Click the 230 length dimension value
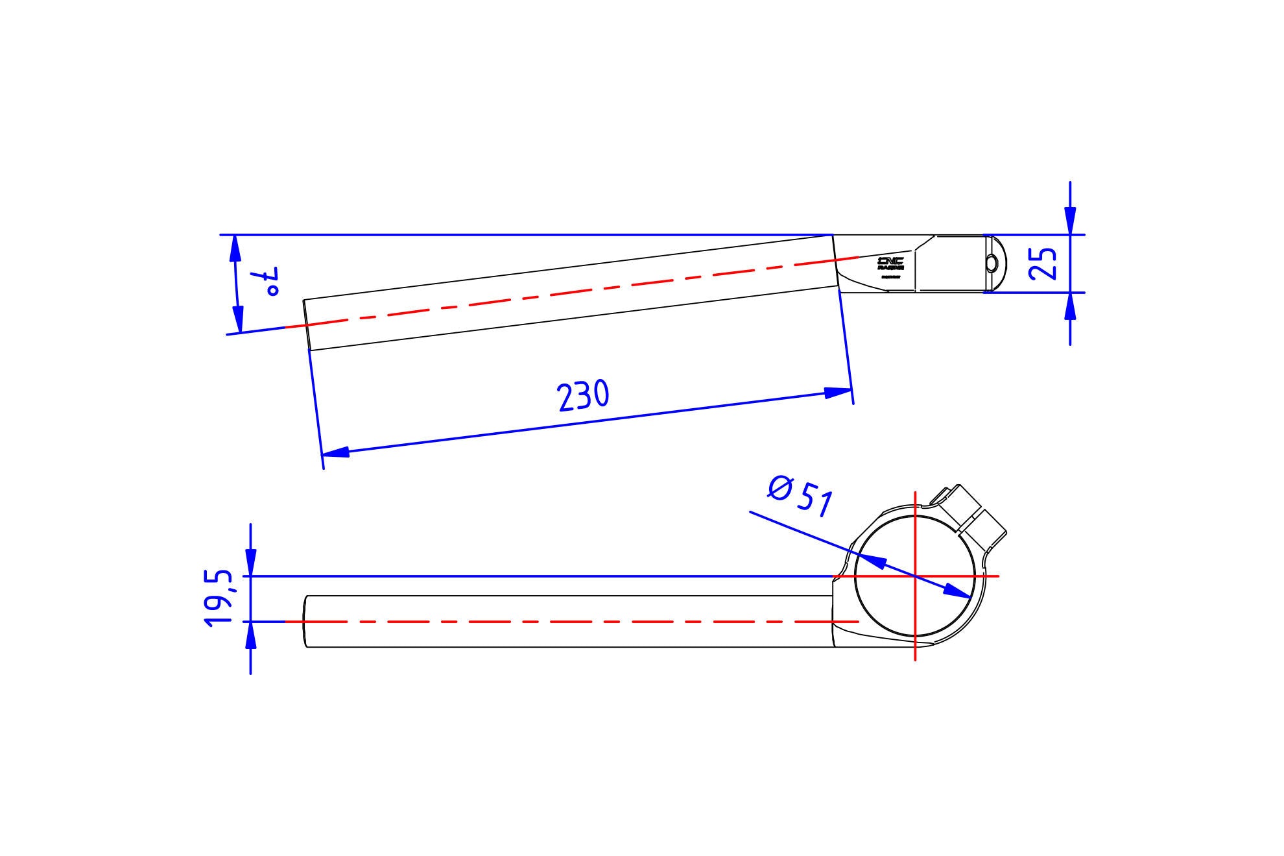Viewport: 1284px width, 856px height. point(583,396)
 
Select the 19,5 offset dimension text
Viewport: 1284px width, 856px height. point(218,598)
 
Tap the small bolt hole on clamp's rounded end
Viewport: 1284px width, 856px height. point(992,263)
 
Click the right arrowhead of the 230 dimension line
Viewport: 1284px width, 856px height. point(838,392)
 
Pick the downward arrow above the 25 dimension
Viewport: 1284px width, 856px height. point(1070,221)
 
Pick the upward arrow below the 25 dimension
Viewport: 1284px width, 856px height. point(1070,306)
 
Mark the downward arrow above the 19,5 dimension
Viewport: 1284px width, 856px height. point(251,562)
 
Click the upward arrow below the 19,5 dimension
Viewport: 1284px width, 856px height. point(251,636)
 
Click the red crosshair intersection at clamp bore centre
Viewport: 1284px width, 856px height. point(915,576)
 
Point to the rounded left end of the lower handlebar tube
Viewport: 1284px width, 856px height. point(305,622)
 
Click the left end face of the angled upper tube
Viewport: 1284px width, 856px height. point(307,324)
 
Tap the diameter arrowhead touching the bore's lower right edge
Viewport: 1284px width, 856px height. point(957,591)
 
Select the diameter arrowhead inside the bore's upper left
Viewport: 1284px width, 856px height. point(873,561)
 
